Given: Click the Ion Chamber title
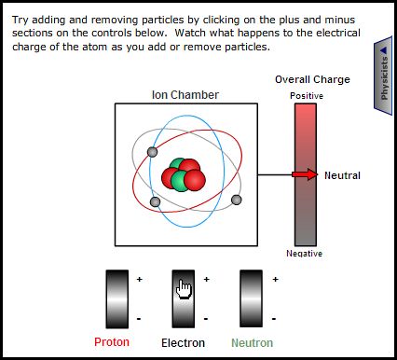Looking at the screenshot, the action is pos(185,95).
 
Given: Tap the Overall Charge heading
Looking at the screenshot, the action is pos(312,79).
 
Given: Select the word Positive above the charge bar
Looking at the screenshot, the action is pos(307,96).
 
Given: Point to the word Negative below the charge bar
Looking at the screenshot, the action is pos(305,254).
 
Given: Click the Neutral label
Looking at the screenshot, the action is pos(342,175).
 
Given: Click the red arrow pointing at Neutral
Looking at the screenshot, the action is pos(305,174).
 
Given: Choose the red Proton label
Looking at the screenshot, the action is pos(112,342).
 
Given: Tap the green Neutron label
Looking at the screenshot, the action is pos(253,343).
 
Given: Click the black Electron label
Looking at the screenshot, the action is pos(183,343).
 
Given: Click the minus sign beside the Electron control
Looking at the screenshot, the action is pos(206,319).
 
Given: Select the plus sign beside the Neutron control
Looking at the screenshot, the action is pos(275,279).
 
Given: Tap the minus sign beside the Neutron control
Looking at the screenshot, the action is pos(274,319).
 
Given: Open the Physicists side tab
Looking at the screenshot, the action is pos(384,76).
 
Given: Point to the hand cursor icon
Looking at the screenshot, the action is pos(184,289).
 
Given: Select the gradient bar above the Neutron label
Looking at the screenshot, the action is pos(251,298).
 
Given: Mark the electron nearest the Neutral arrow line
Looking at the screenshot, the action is pos(237,200).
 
